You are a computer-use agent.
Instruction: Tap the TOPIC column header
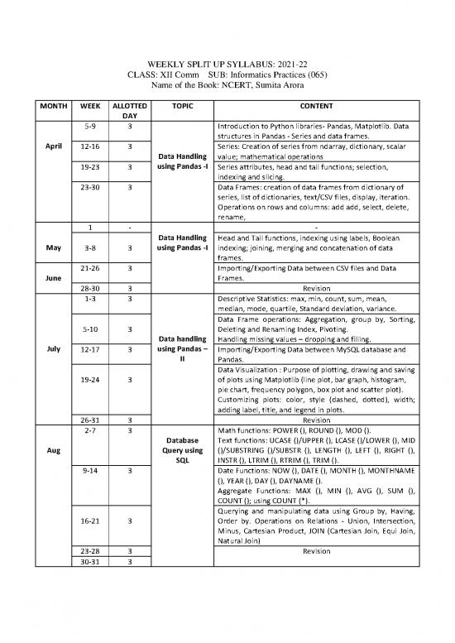coord(178,108)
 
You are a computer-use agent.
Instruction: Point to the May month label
coord(47,246)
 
